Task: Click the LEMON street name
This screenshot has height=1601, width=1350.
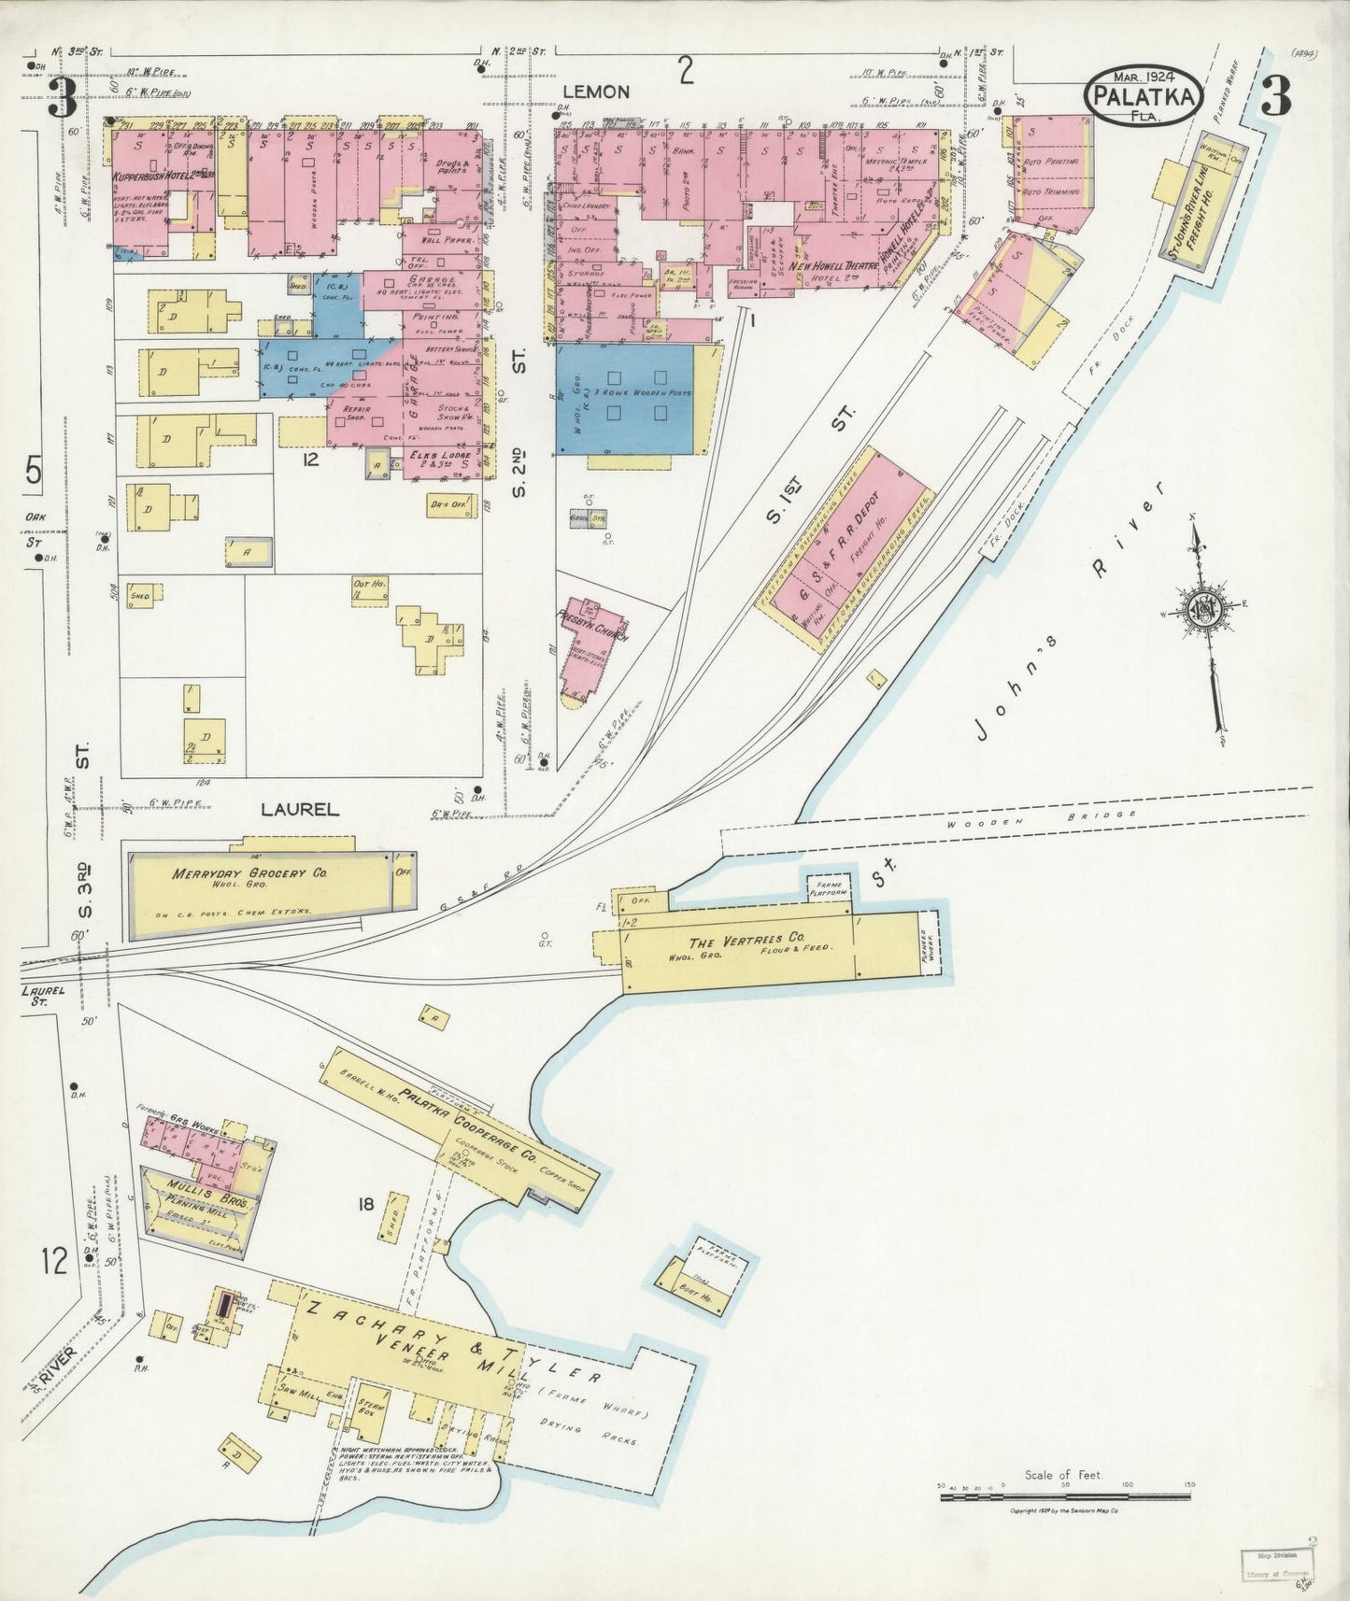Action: coord(597,92)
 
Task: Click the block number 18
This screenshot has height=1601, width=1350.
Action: coord(364,1205)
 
